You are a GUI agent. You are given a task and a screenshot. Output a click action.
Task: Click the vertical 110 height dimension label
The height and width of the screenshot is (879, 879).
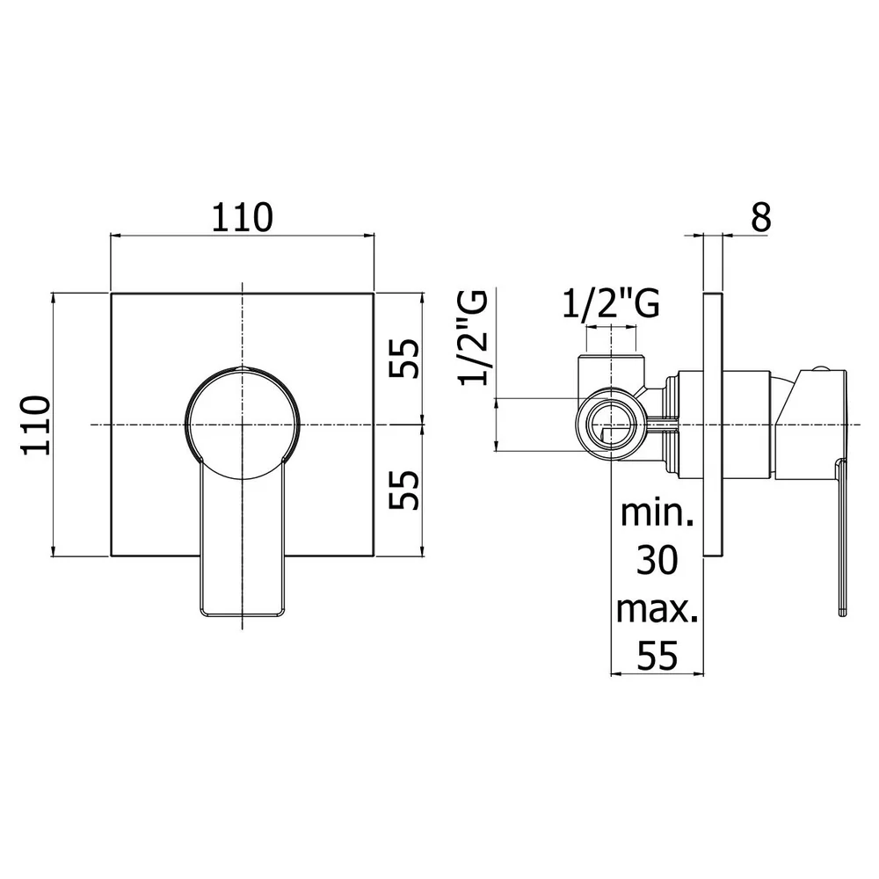tap(36, 425)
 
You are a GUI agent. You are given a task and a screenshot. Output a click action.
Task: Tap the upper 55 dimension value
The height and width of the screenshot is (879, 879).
tap(404, 359)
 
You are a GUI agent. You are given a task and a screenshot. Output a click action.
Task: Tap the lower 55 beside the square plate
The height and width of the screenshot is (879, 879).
tap(404, 490)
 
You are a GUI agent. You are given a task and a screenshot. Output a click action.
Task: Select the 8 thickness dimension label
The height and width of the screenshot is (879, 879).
tap(760, 217)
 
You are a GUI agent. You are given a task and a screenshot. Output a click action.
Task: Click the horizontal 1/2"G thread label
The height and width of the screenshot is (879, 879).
tap(611, 304)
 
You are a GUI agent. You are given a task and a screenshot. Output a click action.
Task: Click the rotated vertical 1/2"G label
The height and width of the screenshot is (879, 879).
tap(475, 337)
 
